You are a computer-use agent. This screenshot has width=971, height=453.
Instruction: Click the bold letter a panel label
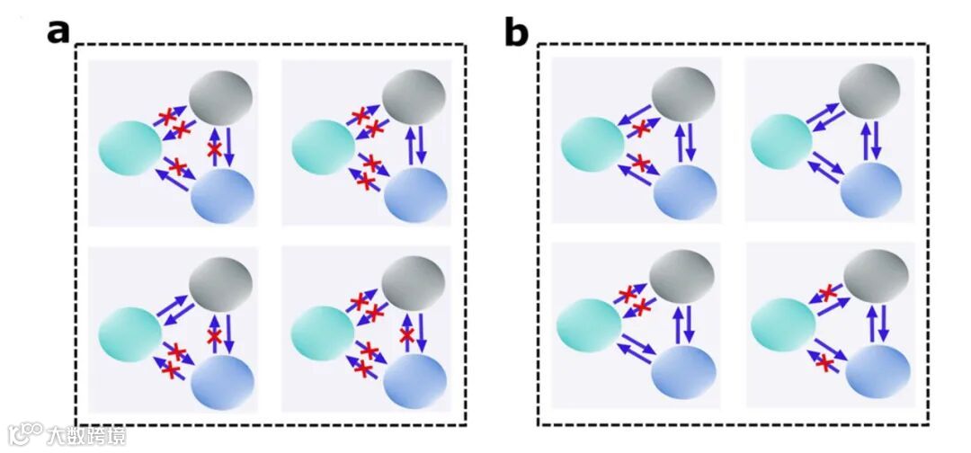(x=58, y=31)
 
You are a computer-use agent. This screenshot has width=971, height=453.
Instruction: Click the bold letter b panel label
(x=516, y=32)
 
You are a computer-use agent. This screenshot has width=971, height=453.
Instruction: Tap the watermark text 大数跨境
(x=87, y=436)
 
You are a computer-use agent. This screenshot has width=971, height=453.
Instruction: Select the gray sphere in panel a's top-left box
(x=220, y=96)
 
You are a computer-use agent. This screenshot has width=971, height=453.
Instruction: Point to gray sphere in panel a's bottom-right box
(x=414, y=284)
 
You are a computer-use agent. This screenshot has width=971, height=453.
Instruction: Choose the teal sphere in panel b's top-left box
(x=591, y=144)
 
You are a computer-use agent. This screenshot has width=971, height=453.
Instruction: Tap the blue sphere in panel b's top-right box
(x=870, y=190)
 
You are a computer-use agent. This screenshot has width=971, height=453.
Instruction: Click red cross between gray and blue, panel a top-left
(x=215, y=150)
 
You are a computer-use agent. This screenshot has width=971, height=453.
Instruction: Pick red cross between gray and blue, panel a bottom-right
(x=406, y=336)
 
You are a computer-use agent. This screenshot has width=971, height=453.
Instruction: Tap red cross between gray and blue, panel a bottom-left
(x=214, y=337)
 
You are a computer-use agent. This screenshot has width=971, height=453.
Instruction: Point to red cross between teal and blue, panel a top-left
(x=177, y=166)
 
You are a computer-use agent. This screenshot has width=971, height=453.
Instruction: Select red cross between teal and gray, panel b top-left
(x=640, y=129)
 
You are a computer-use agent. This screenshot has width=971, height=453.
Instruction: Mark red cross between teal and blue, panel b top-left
(x=640, y=164)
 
